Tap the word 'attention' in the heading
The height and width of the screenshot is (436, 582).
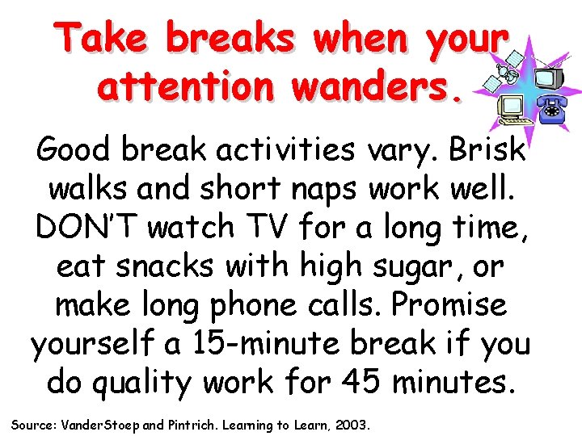tap(184, 86)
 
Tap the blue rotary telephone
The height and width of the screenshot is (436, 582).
tap(551, 110)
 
